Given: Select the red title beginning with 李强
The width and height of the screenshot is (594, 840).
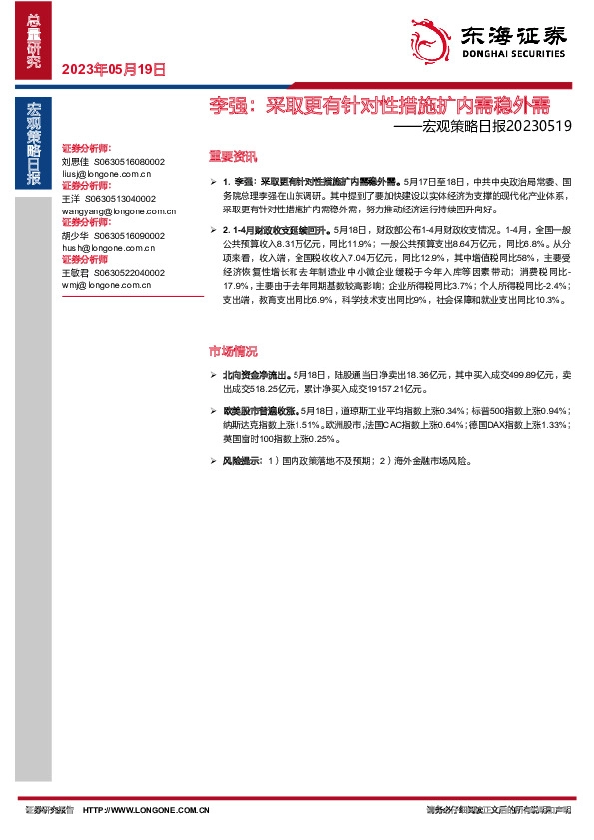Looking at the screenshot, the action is pos(378,103).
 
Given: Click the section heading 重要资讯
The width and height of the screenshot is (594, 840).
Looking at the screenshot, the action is pos(232,156).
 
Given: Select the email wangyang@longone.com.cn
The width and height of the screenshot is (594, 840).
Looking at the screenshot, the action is pos(118,210).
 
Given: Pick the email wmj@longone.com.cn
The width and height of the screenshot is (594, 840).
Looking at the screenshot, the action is pos(106,285).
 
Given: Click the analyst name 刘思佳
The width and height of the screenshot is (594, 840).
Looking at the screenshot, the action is pos(75,160).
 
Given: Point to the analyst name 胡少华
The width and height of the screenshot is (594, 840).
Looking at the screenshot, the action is pos(75,235).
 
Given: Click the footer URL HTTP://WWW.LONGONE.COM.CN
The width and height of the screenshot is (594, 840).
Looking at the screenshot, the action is pos(146,812).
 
